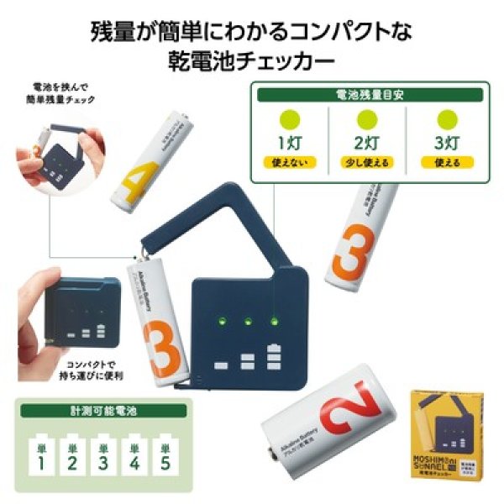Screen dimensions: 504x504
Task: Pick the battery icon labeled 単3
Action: click(103, 454)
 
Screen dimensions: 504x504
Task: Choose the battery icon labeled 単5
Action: click(166, 454)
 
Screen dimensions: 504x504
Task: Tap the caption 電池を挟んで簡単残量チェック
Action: click(62, 93)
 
